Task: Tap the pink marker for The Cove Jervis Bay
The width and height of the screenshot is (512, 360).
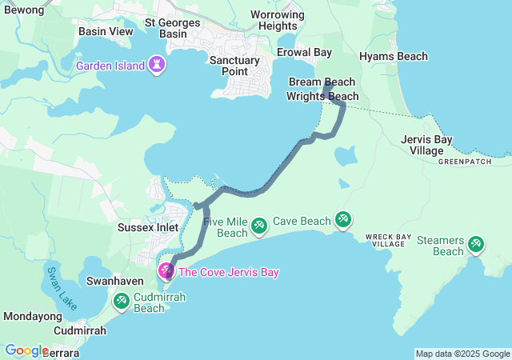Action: pos(166,272)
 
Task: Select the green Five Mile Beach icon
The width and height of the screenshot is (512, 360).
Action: pos(259,226)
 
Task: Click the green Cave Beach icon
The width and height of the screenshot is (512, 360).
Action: pos(342,218)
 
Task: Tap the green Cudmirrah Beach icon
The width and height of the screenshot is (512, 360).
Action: pos(122,302)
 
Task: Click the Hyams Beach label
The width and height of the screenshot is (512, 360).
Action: pos(393,57)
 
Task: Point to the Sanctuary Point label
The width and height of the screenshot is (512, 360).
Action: pos(234,66)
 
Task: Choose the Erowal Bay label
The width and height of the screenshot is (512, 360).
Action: pos(304,53)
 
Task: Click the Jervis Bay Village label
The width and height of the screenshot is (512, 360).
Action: pos(426,145)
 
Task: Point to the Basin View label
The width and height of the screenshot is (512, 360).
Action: pos(106,31)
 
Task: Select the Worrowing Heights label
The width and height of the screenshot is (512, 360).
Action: pos(278,20)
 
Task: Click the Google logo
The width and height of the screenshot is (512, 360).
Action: pos(26,350)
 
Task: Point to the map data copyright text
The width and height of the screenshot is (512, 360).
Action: pos(462,354)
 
